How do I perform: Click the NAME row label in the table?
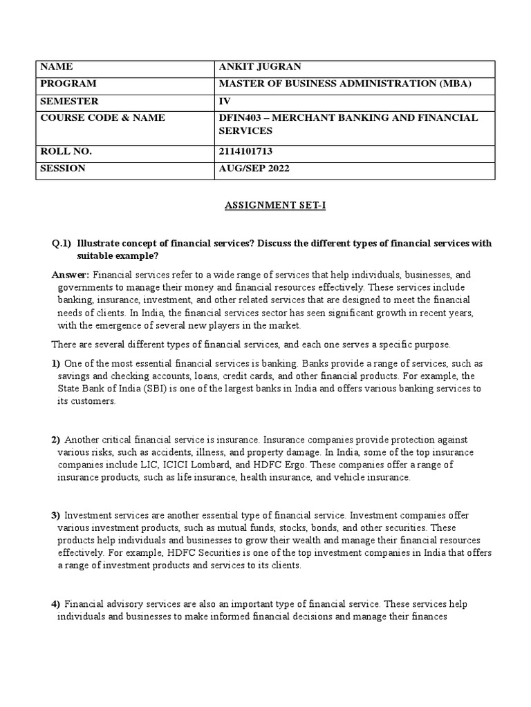coord(57,67)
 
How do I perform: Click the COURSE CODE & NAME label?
coord(102,117)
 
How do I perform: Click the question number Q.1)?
coord(62,244)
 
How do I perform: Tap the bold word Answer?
coord(71,274)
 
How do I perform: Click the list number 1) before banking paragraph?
coord(56,364)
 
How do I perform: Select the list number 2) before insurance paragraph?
coord(56,440)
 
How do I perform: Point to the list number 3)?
coord(56,515)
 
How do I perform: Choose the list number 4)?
coord(56,605)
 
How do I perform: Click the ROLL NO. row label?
coord(66,151)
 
